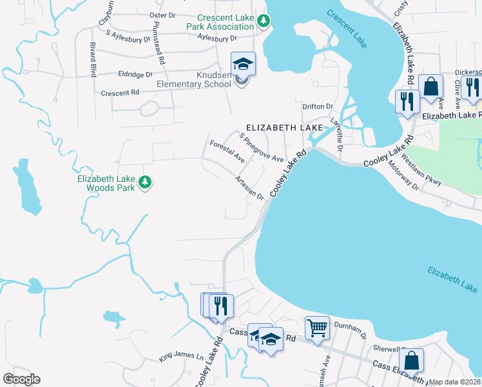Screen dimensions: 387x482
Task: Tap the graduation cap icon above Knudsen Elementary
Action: [243, 64]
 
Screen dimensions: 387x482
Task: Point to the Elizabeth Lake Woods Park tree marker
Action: [146, 183]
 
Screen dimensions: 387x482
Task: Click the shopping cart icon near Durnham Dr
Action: [317, 327]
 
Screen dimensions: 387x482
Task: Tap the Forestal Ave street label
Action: [226, 150]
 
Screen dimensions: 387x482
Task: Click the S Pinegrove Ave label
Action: [261, 148]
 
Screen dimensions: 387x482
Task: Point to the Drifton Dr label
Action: [318, 106]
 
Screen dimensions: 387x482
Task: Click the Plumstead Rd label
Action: [157, 46]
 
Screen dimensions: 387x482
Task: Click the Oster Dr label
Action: [162, 15]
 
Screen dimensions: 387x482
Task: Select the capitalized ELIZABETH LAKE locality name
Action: [279, 128]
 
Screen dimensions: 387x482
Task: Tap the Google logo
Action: [21, 379]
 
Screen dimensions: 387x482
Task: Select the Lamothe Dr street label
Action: [335, 132]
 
